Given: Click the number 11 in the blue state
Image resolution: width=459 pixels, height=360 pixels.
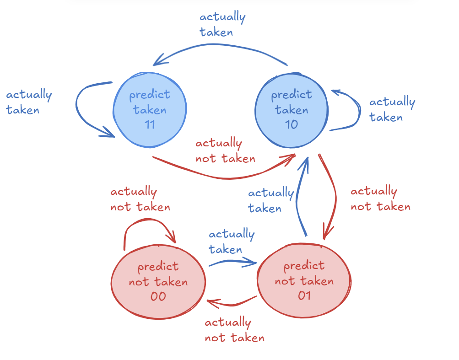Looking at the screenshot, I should pyautogui.click(x=150, y=124).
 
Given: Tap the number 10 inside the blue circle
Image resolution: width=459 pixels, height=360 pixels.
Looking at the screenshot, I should pyautogui.click(x=292, y=124).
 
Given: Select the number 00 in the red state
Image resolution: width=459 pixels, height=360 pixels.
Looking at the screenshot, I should pyautogui.click(x=158, y=296).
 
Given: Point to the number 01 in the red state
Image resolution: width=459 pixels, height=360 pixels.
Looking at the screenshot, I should pyautogui.click(x=304, y=296).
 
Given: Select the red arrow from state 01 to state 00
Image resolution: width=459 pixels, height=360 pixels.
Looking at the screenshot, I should pyautogui.click(x=232, y=304).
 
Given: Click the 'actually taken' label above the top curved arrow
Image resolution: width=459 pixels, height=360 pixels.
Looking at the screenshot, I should pyautogui.click(x=222, y=25).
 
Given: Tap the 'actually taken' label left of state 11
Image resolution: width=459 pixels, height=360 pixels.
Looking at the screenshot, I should pyautogui.click(x=28, y=102).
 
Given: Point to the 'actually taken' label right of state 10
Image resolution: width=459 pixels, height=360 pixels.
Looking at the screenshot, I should pyautogui.click(x=392, y=110).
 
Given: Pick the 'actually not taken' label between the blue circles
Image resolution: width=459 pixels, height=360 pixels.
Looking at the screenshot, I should pyautogui.click(x=225, y=151).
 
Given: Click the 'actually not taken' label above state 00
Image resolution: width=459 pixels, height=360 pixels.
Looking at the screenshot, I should pyautogui.click(x=140, y=199).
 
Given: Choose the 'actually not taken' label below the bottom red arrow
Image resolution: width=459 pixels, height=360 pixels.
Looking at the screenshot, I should pyautogui.click(x=234, y=330).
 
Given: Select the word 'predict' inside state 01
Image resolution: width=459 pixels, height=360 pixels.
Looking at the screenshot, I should pyautogui.click(x=304, y=265).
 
